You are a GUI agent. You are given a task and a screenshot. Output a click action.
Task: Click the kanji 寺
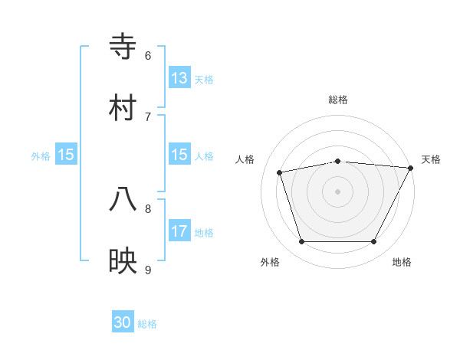(123, 46)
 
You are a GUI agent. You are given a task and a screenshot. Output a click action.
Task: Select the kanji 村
(123, 107)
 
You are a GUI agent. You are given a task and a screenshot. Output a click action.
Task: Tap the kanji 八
(123, 199)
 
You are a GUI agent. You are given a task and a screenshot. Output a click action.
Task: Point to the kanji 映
(123, 260)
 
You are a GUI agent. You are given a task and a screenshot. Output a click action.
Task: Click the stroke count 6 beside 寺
(148, 55)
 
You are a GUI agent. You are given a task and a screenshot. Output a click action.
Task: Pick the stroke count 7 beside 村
(148, 116)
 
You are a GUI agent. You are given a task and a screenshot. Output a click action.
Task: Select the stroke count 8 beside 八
(148, 208)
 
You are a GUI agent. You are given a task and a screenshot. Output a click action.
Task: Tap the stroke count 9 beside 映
(148, 270)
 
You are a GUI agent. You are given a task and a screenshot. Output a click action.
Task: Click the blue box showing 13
(179, 78)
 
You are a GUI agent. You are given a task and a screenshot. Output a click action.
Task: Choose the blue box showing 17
(179, 231)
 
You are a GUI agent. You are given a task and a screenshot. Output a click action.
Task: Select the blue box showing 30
(123, 323)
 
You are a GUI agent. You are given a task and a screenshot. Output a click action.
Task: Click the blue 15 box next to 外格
(66, 155)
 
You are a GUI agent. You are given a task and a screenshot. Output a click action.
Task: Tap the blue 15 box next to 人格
(179, 155)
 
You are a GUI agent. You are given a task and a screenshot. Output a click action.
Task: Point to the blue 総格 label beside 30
(147, 324)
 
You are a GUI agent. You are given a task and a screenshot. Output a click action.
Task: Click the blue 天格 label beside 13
(204, 79)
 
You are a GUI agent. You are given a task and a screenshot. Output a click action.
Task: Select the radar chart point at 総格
(337, 161)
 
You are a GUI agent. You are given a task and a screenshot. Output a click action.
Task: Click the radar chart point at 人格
(280, 172)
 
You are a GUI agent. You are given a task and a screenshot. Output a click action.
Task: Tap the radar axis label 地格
(402, 262)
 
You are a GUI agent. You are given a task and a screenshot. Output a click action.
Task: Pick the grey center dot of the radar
(337, 191)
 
